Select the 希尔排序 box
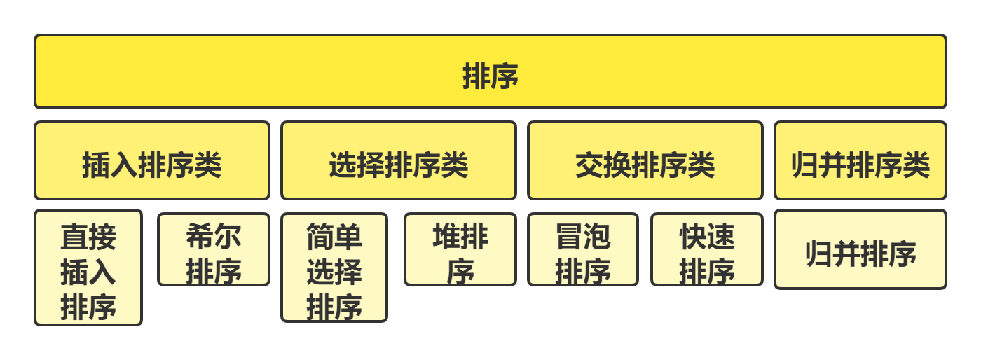(214, 250)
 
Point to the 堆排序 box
(460, 250)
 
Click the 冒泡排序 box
(583, 250)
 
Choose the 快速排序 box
(707, 250)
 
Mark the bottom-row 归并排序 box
(860, 250)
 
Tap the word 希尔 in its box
(214, 237)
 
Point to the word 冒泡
(583, 237)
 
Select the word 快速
(707, 237)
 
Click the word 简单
(334, 237)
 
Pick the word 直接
(88, 237)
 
